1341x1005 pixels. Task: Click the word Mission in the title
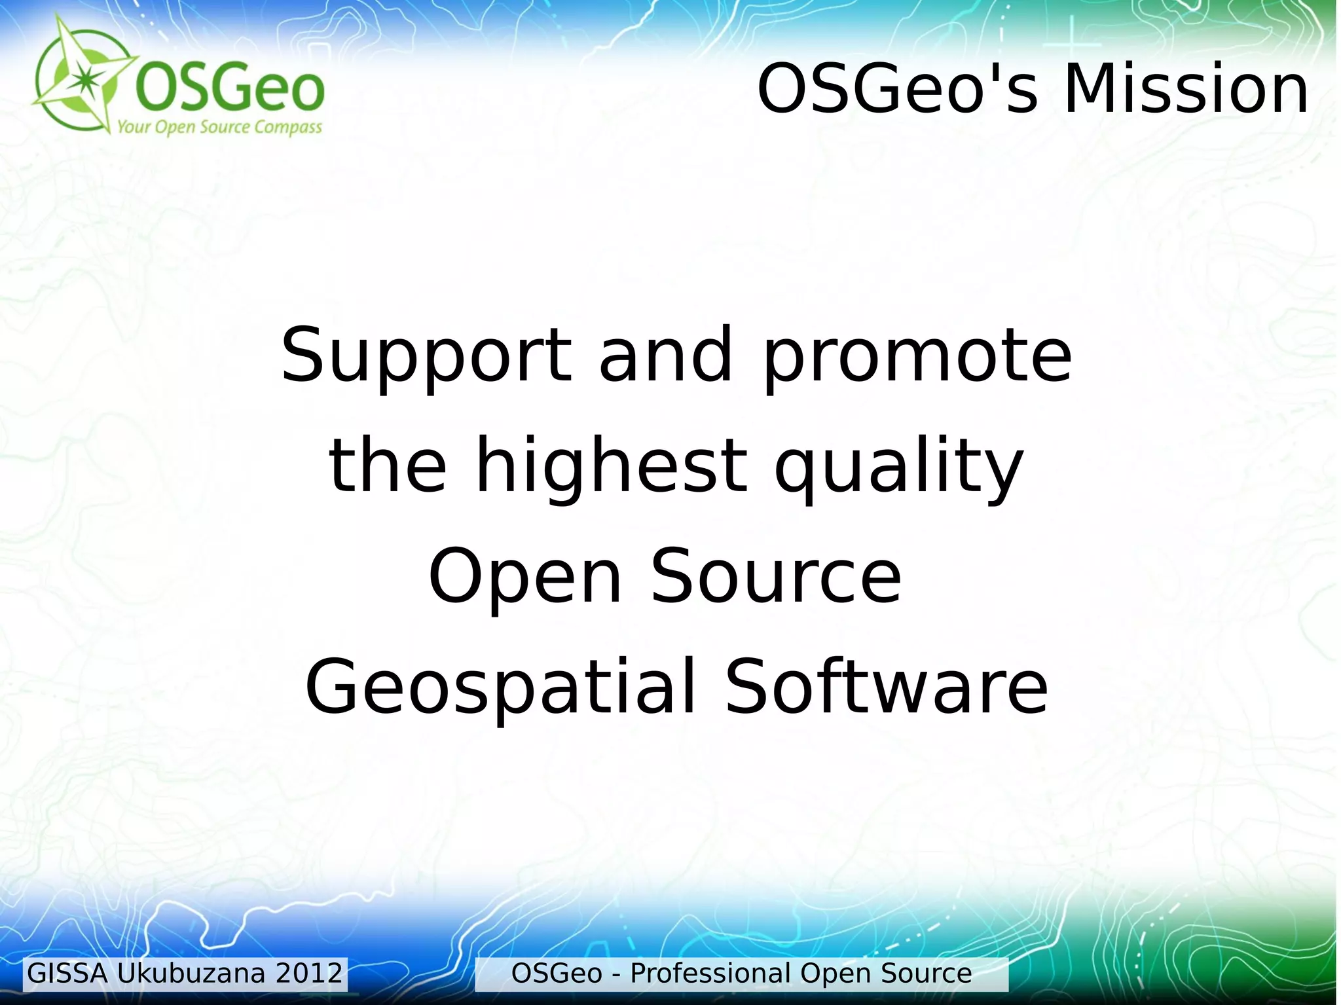point(1185,90)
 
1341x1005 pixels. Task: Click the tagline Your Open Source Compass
point(219,127)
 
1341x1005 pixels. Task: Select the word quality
point(898,467)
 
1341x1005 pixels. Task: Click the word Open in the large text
point(524,576)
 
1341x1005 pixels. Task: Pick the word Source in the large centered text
point(776,576)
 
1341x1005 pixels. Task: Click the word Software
point(887,687)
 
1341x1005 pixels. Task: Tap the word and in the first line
point(666,356)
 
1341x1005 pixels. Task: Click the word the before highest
point(388,466)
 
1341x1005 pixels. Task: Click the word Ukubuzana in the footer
point(191,974)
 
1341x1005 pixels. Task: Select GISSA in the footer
point(67,974)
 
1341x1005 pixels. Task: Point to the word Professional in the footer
point(710,974)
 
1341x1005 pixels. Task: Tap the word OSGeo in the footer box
point(556,974)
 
